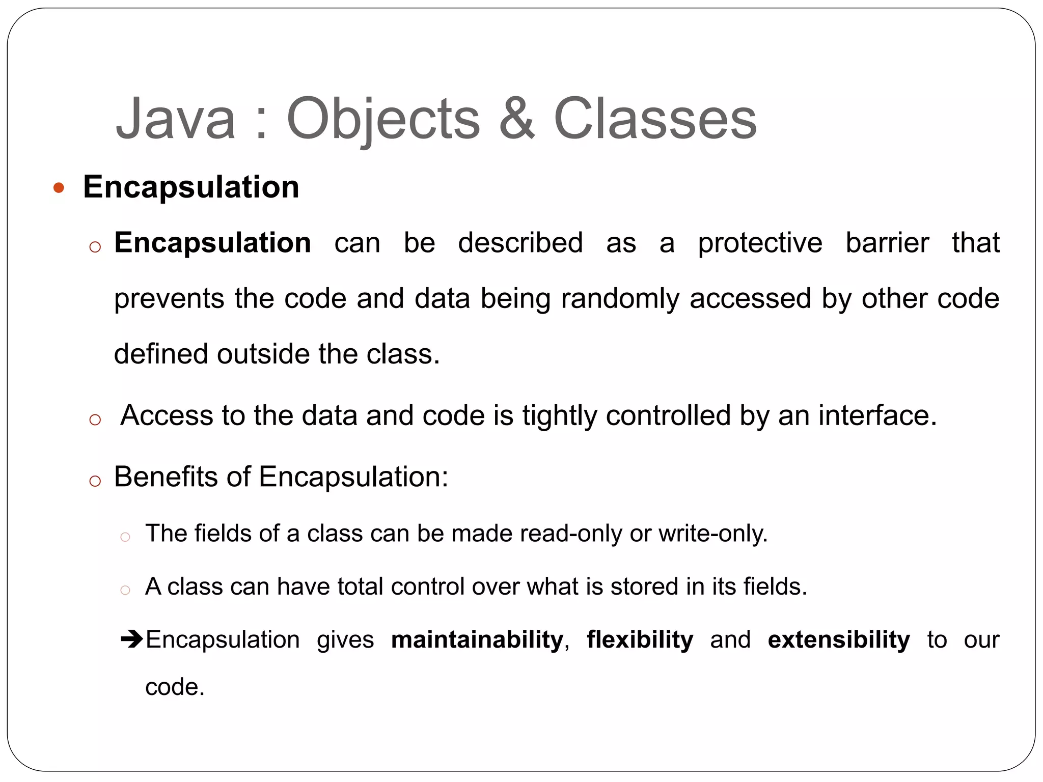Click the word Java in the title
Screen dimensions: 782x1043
pos(176,119)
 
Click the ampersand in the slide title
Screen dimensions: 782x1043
pos(516,119)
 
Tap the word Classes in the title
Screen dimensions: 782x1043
pos(655,119)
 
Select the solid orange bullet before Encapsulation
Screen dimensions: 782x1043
pos(59,188)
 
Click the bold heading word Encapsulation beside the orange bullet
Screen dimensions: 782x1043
pos(191,187)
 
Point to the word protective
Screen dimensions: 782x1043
pos(759,243)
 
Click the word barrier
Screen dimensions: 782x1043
pos(887,243)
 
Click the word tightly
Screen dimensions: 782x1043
pos(559,416)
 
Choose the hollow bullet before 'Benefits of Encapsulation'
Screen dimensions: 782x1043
pos(95,481)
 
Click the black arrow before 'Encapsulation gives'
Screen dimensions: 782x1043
pos(132,638)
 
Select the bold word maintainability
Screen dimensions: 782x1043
pos(477,639)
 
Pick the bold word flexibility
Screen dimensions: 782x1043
pos(640,639)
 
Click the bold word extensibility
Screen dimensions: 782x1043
pos(838,639)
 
